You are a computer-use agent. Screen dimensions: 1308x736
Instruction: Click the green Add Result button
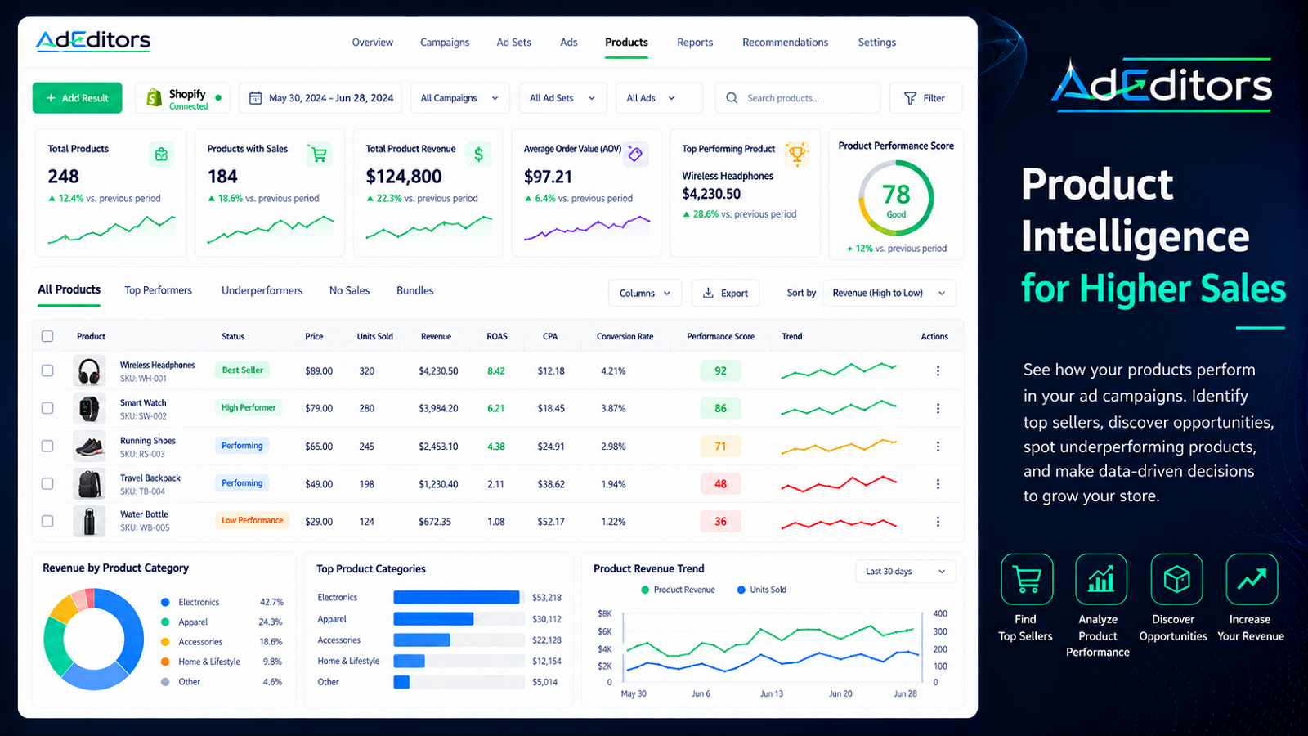point(77,97)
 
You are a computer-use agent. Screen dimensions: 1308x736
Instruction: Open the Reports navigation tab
point(695,42)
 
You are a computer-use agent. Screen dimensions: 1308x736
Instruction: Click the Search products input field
point(798,97)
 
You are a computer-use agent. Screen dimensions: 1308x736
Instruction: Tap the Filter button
point(925,97)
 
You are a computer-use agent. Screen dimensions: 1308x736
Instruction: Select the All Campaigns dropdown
point(459,97)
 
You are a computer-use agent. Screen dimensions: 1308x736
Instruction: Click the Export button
point(725,293)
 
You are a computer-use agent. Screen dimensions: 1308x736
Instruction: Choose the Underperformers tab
point(262,290)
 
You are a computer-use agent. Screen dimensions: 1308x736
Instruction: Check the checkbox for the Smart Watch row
point(47,408)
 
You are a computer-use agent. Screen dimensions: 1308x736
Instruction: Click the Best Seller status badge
point(242,370)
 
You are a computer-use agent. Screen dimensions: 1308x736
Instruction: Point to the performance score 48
point(720,483)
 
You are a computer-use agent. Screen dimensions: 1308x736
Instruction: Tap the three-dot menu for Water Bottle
point(938,521)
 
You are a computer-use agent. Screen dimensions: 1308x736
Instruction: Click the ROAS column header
point(497,336)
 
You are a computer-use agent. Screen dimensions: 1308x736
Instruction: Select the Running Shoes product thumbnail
point(89,446)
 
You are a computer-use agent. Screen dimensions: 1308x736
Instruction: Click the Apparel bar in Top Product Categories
point(433,618)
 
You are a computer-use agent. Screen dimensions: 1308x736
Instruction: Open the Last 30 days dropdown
point(905,572)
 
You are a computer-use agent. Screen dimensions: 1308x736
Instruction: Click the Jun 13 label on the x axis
point(772,693)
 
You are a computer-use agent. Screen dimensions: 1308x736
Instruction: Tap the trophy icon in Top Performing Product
point(796,154)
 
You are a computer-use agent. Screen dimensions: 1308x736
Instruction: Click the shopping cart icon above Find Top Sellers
point(1027,579)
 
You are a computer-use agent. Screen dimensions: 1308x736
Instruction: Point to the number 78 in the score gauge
point(896,194)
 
